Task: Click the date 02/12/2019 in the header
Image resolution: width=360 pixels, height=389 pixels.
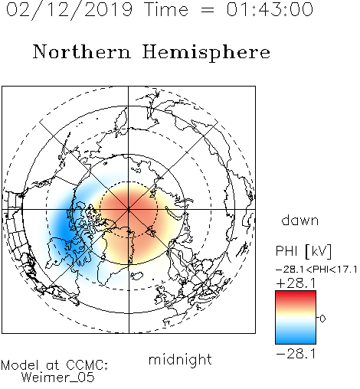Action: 70,10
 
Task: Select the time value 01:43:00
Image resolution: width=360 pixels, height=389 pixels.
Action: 270,9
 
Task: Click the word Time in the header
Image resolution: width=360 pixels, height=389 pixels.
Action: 166,9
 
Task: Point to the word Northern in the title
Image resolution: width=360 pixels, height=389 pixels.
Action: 82,52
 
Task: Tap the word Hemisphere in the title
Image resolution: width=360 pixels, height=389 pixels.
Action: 206,53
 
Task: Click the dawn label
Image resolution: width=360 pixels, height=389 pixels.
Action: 300,220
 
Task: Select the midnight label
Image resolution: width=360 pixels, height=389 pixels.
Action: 180,360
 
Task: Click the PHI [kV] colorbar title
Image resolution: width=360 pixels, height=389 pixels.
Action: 303,251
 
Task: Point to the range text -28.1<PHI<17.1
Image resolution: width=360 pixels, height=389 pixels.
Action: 316,270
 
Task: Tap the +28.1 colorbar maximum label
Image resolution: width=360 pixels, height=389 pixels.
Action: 296,283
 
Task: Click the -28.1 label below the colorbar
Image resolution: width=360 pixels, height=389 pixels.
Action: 296,354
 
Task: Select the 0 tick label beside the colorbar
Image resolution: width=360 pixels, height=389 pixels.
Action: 322,319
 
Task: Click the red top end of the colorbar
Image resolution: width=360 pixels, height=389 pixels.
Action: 296,293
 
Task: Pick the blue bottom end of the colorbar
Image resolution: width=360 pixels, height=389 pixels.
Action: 296,342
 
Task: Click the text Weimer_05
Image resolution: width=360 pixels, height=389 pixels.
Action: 58,378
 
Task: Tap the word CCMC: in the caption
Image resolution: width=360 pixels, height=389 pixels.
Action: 87,365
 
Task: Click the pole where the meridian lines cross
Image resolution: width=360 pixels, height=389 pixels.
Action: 129,209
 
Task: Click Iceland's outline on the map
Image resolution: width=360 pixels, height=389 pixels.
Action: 136,276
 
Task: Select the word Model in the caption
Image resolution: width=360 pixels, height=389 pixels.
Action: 20,365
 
